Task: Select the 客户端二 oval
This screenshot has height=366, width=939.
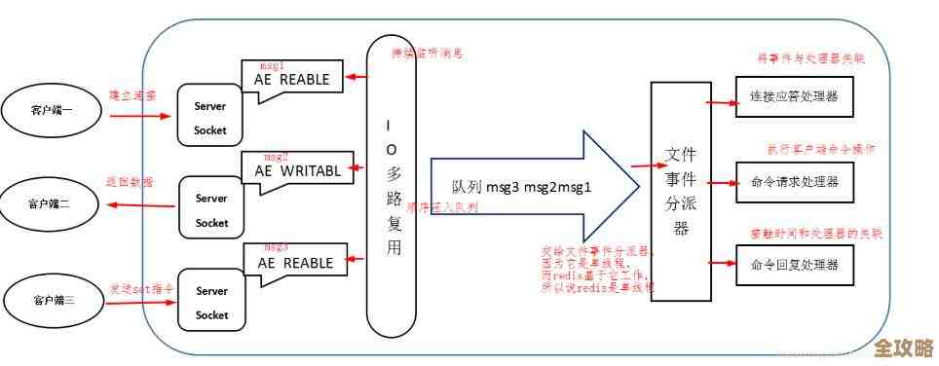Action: click(49, 204)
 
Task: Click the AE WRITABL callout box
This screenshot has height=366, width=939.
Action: click(298, 170)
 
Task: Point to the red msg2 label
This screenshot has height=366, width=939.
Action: click(277, 156)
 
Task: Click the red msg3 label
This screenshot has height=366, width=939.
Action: click(276, 247)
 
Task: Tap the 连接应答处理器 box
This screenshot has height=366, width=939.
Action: click(795, 98)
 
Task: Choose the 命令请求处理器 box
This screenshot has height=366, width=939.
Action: click(795, 181)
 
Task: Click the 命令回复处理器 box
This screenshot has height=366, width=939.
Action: click(795, 264)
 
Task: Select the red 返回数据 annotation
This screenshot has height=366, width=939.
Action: click(130, 182)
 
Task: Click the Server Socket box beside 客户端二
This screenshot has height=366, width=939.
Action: click(211, 209)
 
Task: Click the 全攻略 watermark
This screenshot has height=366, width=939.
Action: click(903, 349)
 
